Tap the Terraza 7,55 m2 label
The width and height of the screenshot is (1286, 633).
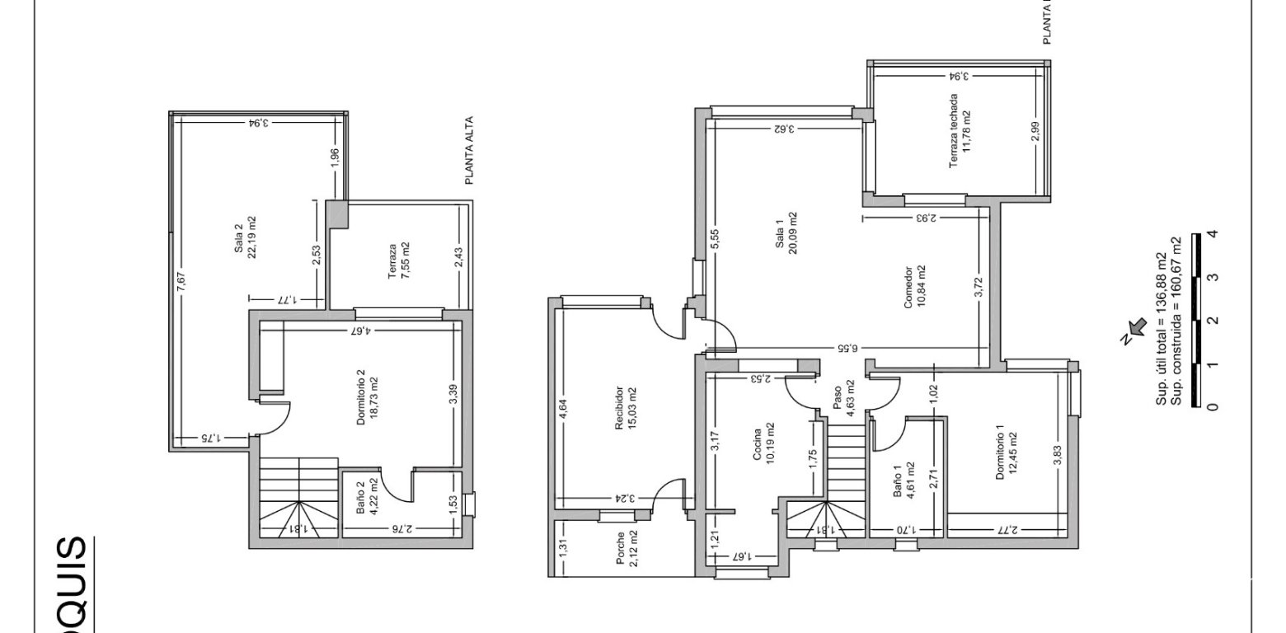point(398,262)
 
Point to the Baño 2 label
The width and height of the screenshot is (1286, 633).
point(366,496)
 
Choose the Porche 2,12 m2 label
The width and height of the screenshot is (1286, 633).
point(626,550)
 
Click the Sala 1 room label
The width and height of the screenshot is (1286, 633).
point(786,234)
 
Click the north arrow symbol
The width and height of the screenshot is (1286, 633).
point(1136,329)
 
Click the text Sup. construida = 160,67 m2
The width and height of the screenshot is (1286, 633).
point(1176,321)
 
